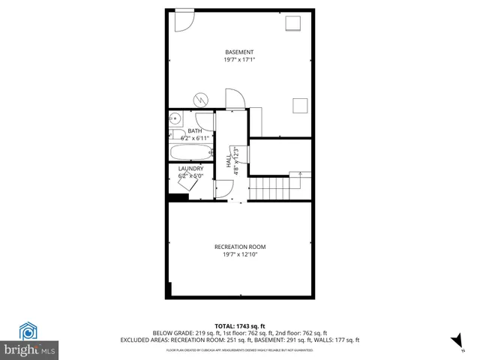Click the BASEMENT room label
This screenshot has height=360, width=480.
(x=234, y=52)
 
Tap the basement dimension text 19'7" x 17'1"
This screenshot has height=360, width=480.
(x=234, y=60)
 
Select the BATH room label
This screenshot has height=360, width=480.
(x=194, y=131)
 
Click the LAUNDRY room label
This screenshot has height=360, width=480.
(x=190, y=169)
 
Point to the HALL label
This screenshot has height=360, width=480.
(x=229, y=160)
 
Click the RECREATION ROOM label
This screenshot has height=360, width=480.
(x=239, y=247)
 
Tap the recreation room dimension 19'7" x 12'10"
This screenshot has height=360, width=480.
(x=239, y=255)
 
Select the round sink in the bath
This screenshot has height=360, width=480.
(x=174, y=118)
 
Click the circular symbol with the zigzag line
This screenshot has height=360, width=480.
(x=202, y=98)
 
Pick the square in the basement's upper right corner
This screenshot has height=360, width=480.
(x=292, y=22)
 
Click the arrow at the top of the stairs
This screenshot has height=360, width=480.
(x=300, y=175)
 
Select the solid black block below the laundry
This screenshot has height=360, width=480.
(x=178, y=198)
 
